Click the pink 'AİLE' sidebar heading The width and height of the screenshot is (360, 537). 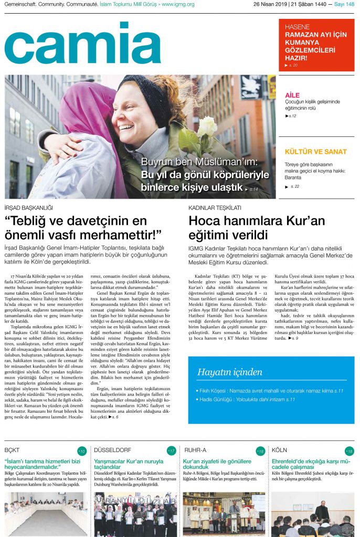click(x=292, y=95)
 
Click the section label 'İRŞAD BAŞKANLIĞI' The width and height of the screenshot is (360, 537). click(x=28, y=208)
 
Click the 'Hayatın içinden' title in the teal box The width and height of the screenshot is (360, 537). click(x=229, y=372)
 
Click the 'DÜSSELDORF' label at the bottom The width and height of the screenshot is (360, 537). click(x=112, y=450)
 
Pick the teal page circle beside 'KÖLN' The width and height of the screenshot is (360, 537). click(x=350, y=451)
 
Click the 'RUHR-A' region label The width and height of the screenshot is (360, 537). click(x=195, y=450)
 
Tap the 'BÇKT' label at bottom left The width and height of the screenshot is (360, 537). click(x=12, y=450)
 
